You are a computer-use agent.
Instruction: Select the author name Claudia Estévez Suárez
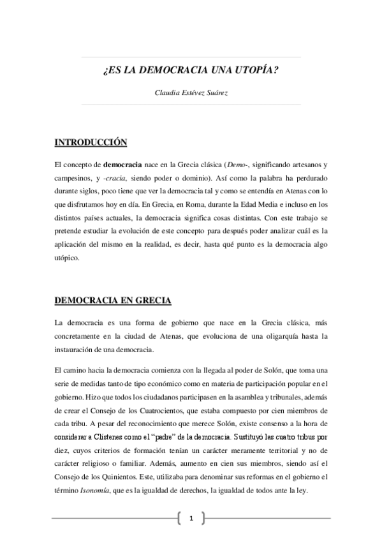coord(191,93)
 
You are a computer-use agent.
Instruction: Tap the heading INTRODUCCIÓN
coord(91,142)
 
